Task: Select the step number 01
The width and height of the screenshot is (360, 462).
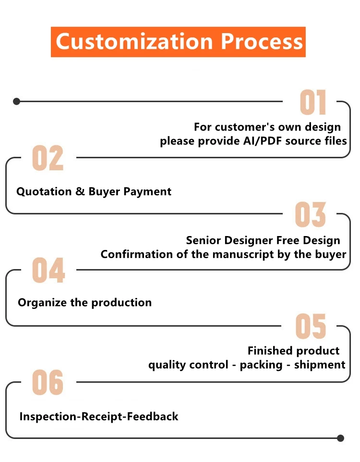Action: coord(313,103)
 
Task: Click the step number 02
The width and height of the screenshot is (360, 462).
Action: coord(48,159)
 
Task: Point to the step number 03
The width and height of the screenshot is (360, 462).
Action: coord(310,215)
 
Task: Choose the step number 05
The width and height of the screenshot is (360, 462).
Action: coord(311,327)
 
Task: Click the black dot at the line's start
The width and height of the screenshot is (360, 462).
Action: coord(16,101)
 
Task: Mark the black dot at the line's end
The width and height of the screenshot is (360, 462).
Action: coord(341,438)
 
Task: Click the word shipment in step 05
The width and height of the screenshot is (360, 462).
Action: coord(320,365)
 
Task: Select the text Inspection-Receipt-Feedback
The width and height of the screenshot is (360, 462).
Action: coord(99,416)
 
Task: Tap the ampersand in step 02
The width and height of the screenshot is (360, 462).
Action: coord(80,191)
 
